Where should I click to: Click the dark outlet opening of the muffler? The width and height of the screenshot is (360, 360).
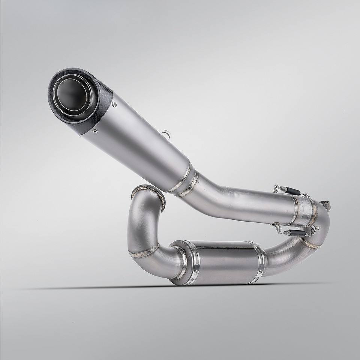pyautogui.click(x=71, y=94)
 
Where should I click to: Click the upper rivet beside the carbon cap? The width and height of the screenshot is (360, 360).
pyautogui.click(x=114, y=105)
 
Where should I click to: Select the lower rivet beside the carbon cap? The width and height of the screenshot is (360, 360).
pyautogui.click(x=95, y=131)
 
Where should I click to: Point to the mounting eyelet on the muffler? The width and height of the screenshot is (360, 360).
pyautogui.click(x=165, y=133)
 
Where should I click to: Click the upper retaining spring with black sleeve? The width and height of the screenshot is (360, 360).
pyautogui.click(x=290, y=190)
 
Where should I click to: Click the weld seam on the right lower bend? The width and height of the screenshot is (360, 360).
pyautogui.click(x=309, y=243)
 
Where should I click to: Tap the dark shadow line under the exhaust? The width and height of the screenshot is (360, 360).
pyautogui.click(x=112, y=288)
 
